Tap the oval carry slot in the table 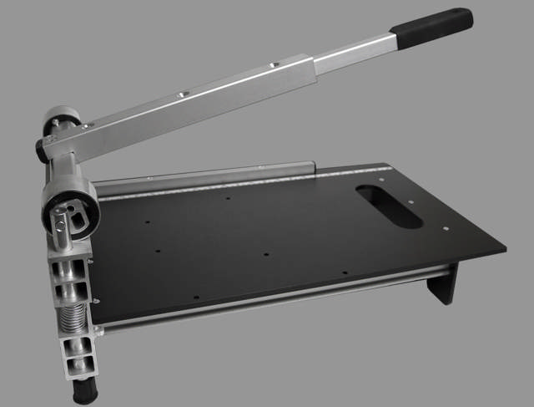coord(389,206)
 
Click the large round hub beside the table coord(71,206)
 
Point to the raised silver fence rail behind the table coord(209,173)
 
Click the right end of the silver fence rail coord(312,166)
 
